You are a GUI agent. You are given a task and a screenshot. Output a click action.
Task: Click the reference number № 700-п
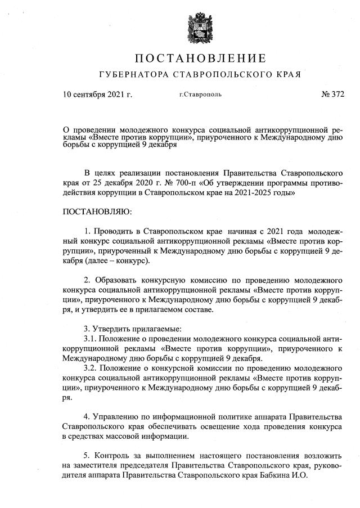161,183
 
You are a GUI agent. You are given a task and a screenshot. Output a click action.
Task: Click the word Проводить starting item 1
113,232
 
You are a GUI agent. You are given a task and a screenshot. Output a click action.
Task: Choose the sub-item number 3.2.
91,368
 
